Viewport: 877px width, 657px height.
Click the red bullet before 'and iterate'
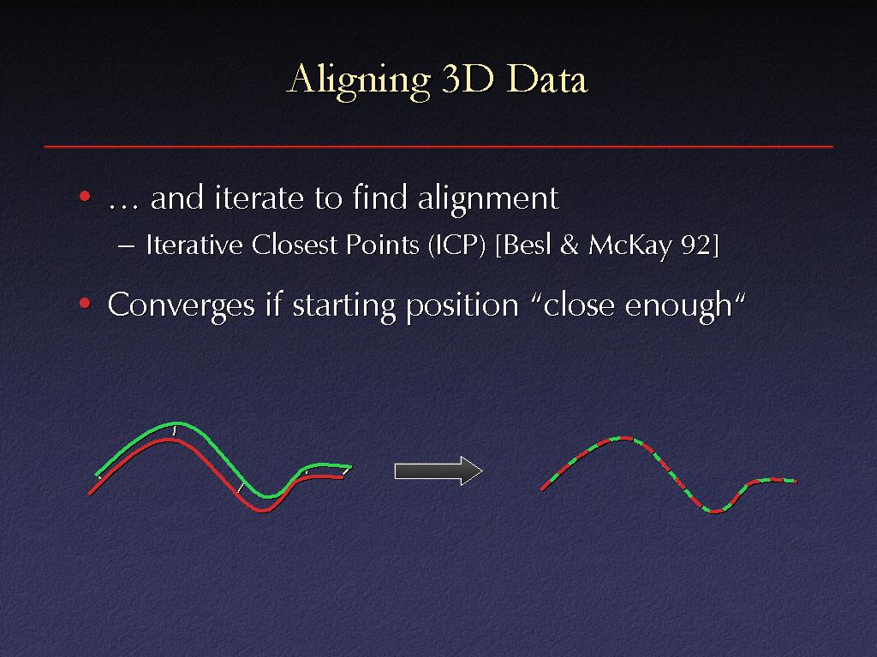tap(85, 196)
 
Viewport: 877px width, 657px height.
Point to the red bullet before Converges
tap(85, 304)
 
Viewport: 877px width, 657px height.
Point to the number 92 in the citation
tap(696, 246)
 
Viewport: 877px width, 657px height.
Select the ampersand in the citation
tap(570, 246)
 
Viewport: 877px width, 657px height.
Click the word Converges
tap(182, 306)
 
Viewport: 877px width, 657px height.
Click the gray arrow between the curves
tap(438, 471)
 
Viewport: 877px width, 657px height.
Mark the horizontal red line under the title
tap(438, 146)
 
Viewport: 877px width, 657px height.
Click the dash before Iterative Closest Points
tap(127, 246)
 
